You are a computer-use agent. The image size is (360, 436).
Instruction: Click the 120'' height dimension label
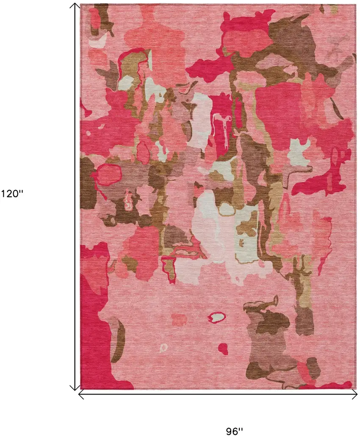click(12, 194)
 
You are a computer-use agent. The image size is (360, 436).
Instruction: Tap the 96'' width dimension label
click(234, 431)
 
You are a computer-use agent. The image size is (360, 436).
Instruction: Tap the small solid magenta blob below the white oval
click(223, 348)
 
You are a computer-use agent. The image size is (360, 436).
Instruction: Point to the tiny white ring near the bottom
click(164, 348)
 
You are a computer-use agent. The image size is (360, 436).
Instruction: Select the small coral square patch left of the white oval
click(179, 319)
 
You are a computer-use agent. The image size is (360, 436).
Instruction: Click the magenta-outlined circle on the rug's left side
click(106, 174)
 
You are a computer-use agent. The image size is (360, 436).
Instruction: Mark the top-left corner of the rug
click(81, 5)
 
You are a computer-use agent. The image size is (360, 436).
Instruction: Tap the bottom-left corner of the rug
click(81, 389)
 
